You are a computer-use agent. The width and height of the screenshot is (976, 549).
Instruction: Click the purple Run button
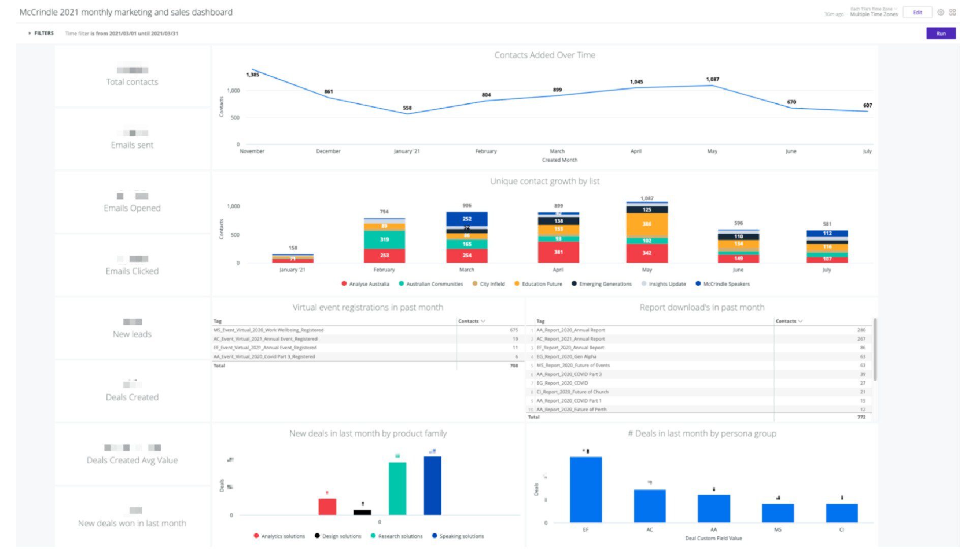coord(940,34)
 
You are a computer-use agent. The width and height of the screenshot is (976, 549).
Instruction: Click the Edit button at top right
coord(917,13)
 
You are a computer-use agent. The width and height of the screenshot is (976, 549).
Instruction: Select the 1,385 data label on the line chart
coord(253,75)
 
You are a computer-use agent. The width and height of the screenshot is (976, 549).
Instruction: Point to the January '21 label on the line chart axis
coord(407,151)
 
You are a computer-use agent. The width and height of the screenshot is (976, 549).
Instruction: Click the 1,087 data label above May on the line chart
coord(712,79)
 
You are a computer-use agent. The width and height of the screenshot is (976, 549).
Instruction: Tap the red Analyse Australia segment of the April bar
coord(558,252)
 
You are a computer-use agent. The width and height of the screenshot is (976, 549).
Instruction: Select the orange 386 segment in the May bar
coord(647,224)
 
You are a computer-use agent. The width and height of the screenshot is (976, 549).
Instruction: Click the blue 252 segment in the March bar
coord(467,219)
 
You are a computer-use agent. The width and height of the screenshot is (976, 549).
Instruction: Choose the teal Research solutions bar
coord(397,488)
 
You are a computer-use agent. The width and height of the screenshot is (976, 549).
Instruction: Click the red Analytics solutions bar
coord(327,506)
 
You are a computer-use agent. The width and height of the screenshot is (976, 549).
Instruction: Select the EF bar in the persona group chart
coord(586,489)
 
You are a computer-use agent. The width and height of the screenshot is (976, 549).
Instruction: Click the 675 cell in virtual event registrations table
coord(513,330)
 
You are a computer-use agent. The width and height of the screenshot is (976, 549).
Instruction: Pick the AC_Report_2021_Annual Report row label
coord(570,339)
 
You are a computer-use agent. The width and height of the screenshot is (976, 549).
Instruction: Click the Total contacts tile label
coord(132,82)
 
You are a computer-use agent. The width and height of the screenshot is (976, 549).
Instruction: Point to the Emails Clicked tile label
coord(132,271)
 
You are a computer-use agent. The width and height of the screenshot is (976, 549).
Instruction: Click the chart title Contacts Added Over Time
coord(544,55)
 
